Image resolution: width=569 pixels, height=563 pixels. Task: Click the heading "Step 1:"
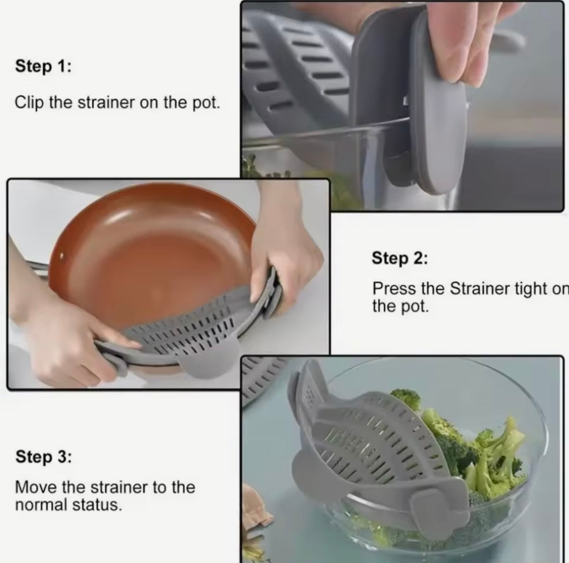tap(43, 66)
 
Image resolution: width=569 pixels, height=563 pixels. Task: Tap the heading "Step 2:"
tap(399, 258)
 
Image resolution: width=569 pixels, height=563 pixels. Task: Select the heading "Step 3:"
tap(43, 456)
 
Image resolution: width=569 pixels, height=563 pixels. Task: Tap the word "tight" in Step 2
tap(529, 289)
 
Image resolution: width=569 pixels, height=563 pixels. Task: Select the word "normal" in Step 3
tap(41, 505)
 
